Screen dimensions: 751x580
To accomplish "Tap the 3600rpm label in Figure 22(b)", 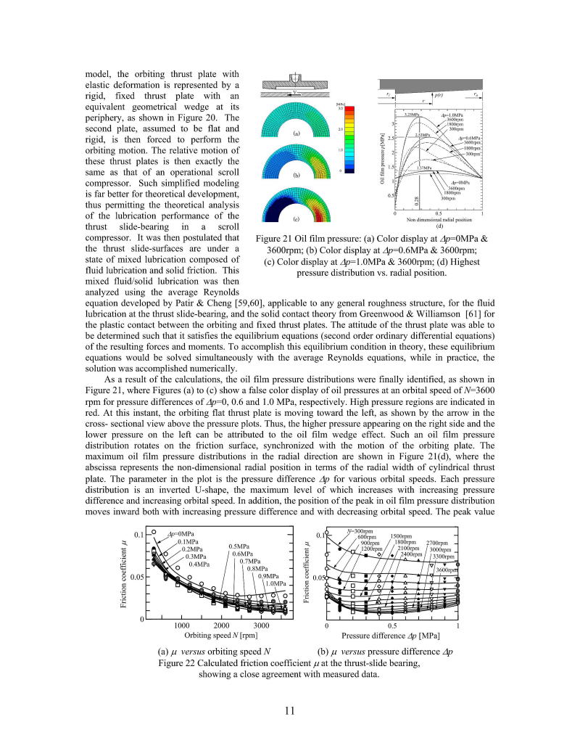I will [x=447, y=570].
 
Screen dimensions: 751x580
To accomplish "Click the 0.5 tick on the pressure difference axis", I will [x=392, y=625].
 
